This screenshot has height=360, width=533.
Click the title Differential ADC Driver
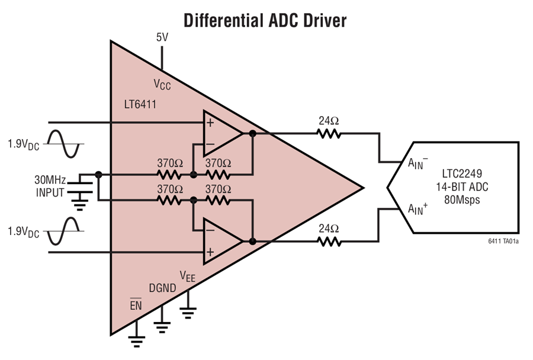(265, 20)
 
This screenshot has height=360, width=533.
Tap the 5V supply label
(162, 37)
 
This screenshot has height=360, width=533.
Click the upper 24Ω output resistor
(329, 134)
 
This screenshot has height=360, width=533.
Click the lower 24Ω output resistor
(329, 241)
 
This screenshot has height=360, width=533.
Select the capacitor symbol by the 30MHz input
(80, 187)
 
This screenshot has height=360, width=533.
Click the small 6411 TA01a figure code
(504, 241)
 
